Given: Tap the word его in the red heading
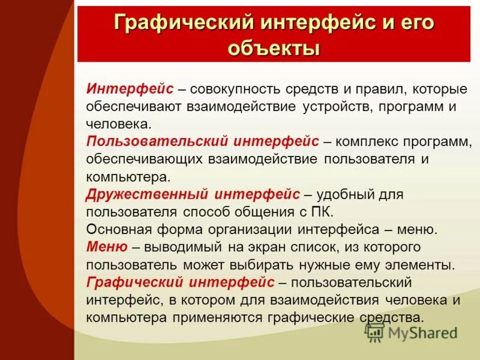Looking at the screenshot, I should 414,23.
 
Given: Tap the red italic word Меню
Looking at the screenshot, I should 106,247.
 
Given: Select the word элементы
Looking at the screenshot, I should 421,264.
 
